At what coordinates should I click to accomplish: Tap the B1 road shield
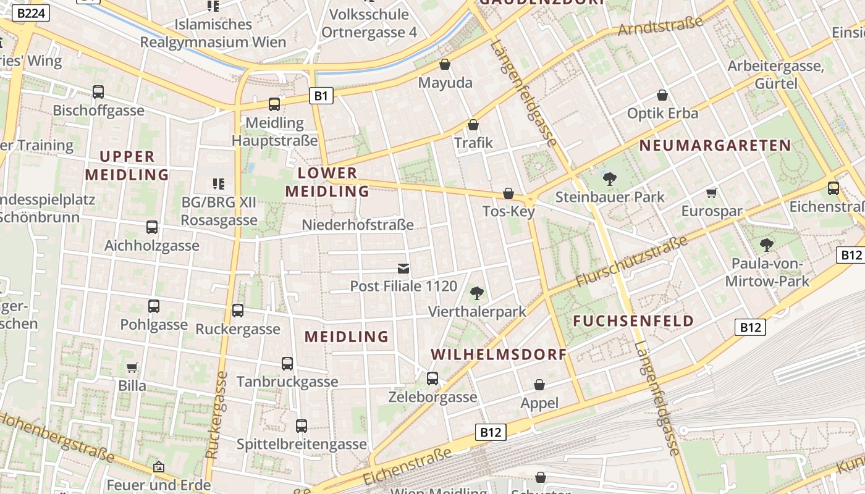(321, 95)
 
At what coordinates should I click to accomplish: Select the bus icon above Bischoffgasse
(98, 92)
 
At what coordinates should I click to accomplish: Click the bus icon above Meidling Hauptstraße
(274, 104)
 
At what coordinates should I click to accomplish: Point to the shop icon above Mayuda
(444, 64)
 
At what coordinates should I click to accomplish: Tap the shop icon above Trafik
(473, 125)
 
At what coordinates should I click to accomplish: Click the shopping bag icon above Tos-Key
(508, 193)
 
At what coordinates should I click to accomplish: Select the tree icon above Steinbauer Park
(610, 179)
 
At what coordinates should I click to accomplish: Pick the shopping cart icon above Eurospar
(712, 193)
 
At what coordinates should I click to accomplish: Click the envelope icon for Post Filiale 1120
(403, 268)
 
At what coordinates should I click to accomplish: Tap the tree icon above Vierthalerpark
(476, 293)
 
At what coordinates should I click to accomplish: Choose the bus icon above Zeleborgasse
(432, 378)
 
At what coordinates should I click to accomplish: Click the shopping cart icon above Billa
(132, 367)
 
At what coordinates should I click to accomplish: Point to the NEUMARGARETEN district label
(715, 146)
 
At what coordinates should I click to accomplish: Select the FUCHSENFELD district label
(634, 321)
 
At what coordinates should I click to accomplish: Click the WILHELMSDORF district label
(499, 354)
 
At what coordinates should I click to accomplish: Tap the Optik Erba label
(662, 114)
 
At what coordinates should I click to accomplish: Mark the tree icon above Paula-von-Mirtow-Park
(767, 245)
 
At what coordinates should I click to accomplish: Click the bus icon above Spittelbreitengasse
(302, 425)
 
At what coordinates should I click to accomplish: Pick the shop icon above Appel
(539, 385)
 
